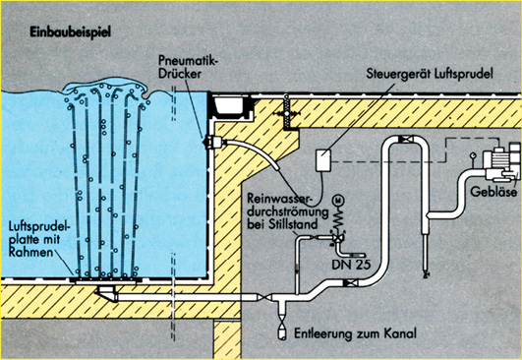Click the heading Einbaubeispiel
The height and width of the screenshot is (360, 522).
click(x=70, y=32)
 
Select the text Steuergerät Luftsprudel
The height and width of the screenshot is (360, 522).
click(x=430, y=74)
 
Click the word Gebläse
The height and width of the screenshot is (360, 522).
click(x=493, y=192)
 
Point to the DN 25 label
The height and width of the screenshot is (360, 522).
click(x=351, y=264)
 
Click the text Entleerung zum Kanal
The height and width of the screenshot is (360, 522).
click(x=355, y=333)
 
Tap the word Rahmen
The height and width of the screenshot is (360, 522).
click(x=30, y=252)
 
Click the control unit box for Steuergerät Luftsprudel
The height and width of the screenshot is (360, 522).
click(x=322, y=160)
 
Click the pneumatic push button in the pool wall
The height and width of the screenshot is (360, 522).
click(x=213, y=143)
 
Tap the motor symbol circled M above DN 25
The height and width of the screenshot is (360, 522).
click(x=339, y=201)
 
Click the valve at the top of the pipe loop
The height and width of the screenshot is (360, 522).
click(x=405, y=139)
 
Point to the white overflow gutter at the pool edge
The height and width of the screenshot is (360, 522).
click(x=228, y=104)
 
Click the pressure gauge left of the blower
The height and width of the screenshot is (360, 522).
click(x=472, y=155)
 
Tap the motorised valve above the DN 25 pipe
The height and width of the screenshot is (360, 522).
click(x=338, y=237)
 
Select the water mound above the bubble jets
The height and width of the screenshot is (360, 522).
click(x=105, y=86)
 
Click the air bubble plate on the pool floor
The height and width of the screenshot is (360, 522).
click(x=106, y=280)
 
